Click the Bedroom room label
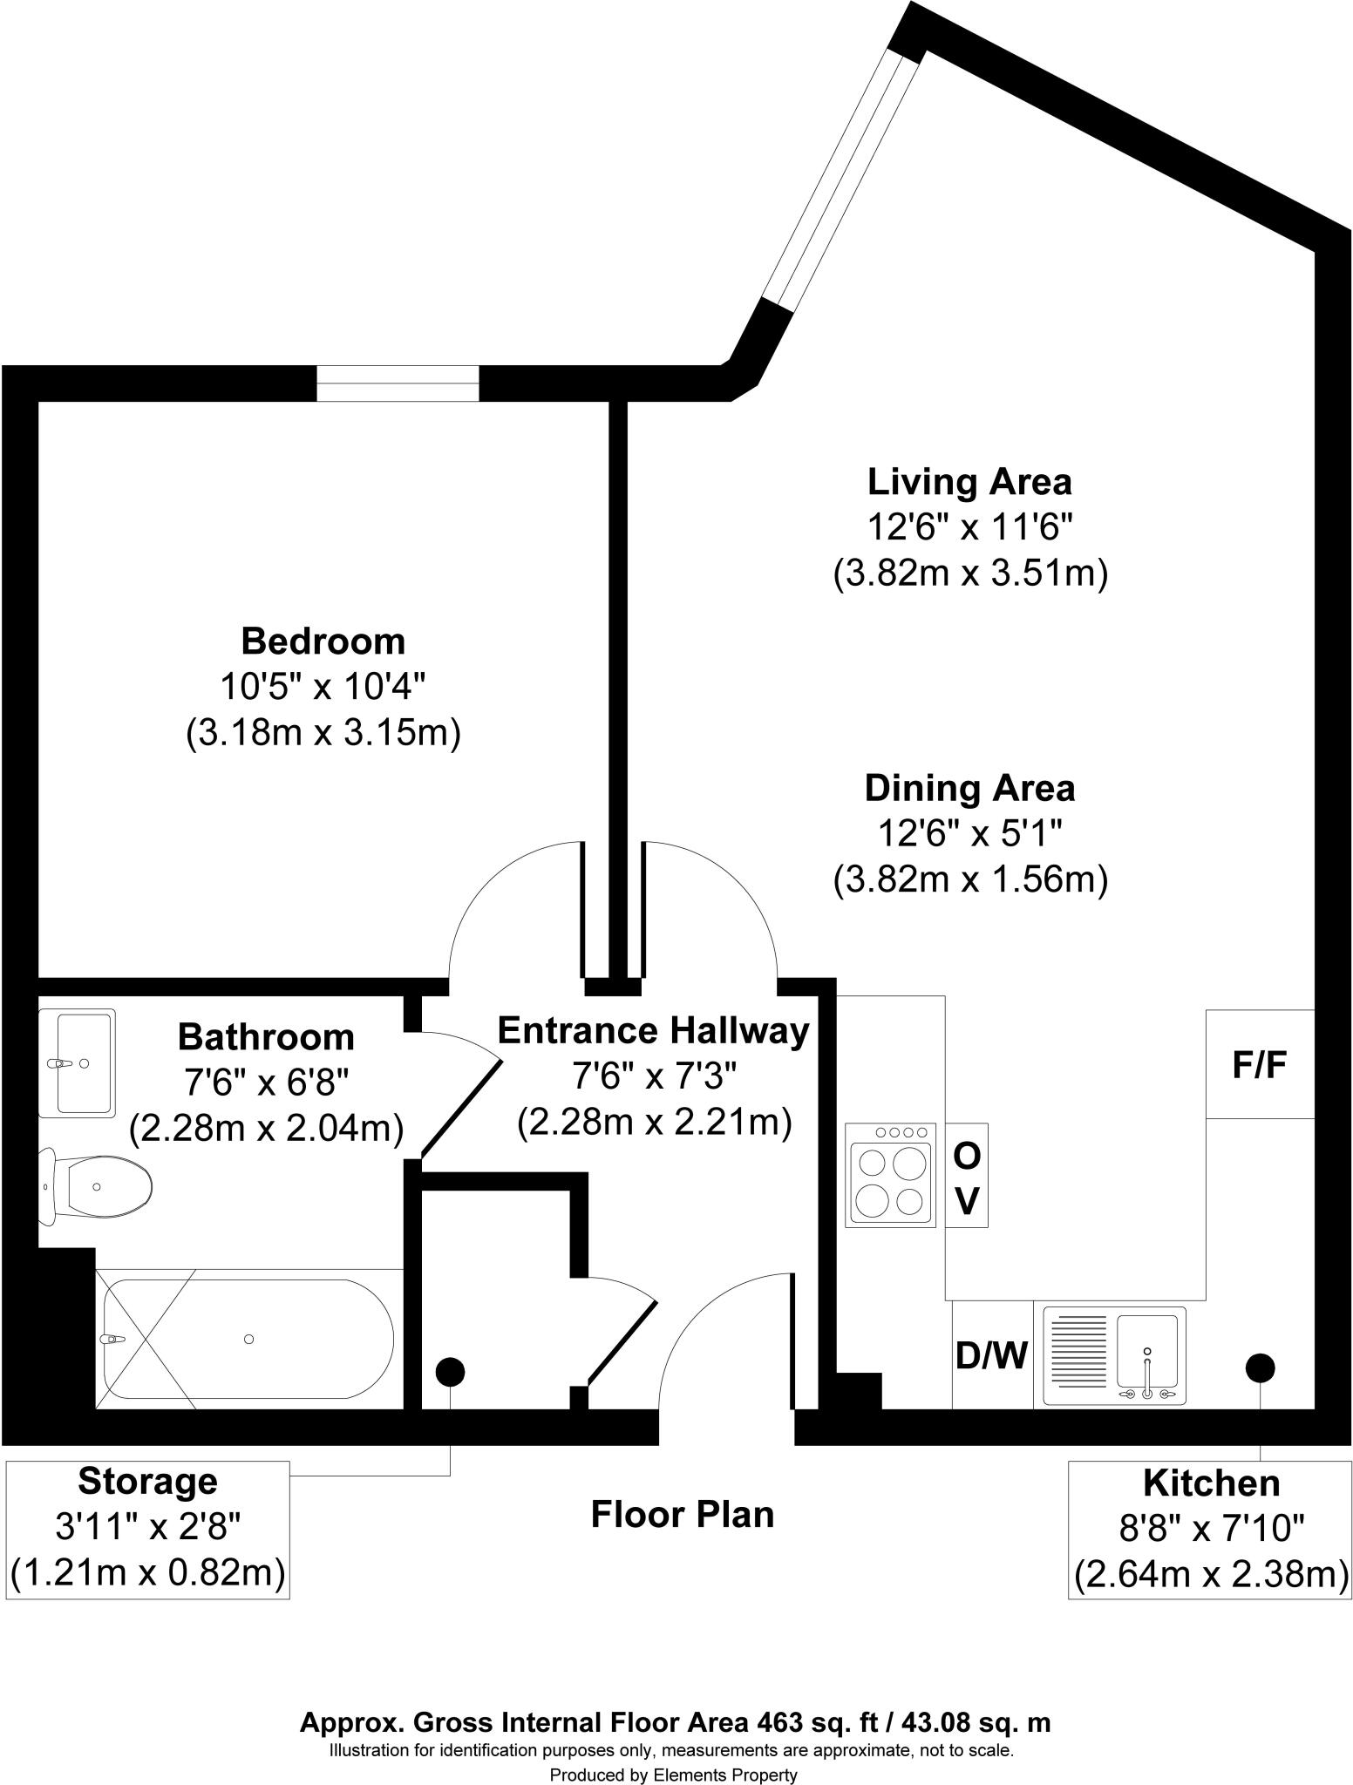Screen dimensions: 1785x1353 pyautogui.click(x=323, y=641)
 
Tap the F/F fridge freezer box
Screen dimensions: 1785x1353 pyautogui.click(x=1260, y=1064)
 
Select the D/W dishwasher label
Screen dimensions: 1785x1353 pyautogui.click(x=991, y=1355)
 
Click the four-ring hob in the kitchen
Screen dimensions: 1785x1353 pyautogui.click(x=890, y=1175)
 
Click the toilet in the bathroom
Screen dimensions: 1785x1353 pyautogui.click(x=96, y=1186)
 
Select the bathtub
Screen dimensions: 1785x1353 pyautogui.click(x=248, y=1339)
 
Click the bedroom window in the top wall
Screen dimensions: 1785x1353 pyautogui.click(x=398, y=383)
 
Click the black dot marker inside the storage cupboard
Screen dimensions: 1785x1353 pyautogui.click(x=450, y=1372)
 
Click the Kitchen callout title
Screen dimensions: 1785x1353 pyautogui.click(x=1211, y=1483)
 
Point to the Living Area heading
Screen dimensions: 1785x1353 pyautogui.click(x=969, y=482)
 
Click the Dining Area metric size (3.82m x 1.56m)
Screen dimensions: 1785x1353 pyautogui.click(x=969, y=880)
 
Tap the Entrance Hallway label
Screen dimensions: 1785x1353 pyautogui.click(x=653, y=1031)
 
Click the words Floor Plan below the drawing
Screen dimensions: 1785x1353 pyautogui.click(x=683, y=1514)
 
